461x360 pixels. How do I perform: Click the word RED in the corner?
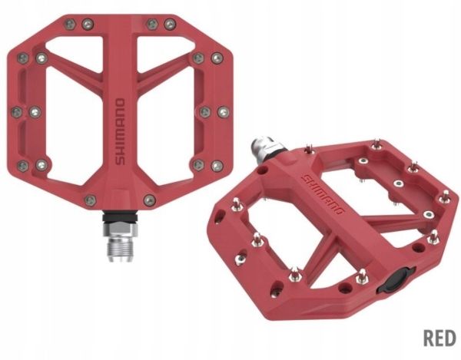coord(439,338)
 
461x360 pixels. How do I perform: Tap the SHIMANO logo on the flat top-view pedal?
coord(120,132)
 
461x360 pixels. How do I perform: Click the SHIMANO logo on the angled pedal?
coord(323,194)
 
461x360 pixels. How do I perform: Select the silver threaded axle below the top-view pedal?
coord(121,242)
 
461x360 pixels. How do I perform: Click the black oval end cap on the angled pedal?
coord(396,280)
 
